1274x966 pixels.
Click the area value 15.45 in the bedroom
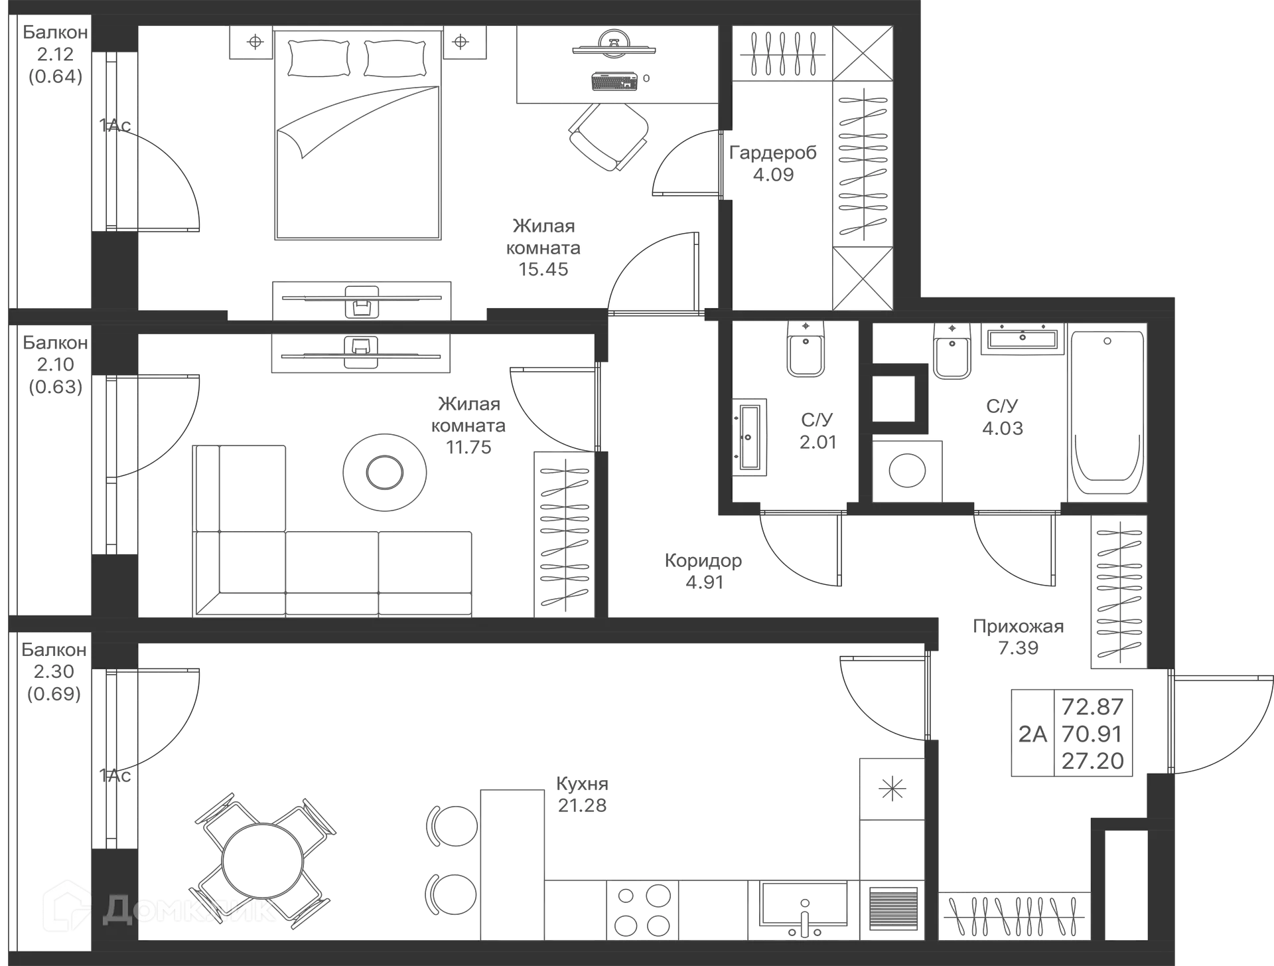tap(543, 270)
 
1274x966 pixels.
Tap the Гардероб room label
tap(773, 153)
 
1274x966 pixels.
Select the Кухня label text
tap(582, 784)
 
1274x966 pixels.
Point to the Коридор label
tap(703, 561)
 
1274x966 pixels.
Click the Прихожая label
tap(1019, 626)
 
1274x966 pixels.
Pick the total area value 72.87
tap(1093, 706)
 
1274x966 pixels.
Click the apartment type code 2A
tap(1032, 734)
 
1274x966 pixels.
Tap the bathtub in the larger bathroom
tap(1107, 412)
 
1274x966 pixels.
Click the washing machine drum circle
tap(907, 471)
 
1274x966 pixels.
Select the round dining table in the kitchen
tap(263, 861)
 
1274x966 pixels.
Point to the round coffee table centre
tap(385, 473)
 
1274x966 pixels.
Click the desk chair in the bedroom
tap(608, 135)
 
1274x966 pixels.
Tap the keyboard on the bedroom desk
tap(614, 81)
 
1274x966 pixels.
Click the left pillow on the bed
tap(319, 58)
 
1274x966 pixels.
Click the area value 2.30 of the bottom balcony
tap(54, 672)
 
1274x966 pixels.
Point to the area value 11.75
tap(468, 447)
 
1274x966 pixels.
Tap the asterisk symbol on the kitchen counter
tap(892, 789)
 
